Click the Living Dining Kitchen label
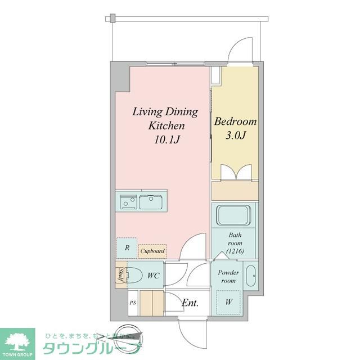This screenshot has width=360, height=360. (165, 118)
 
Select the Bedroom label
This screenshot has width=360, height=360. (235, 121)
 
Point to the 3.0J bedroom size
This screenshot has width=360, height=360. (235, 136)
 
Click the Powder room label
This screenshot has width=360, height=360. (228, 277)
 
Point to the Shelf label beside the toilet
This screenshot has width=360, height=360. (120, 276)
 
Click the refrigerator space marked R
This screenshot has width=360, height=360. (127, 247)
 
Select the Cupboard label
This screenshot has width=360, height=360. (152, 251)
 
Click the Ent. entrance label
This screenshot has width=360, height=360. (190, 303)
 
